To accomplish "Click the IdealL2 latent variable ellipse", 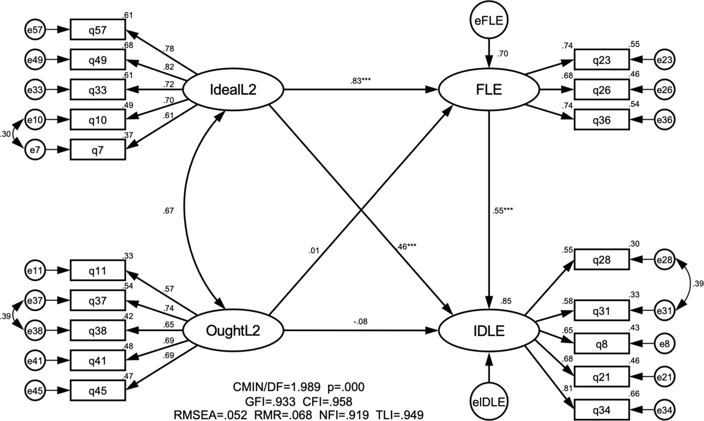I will (x=233, y=90).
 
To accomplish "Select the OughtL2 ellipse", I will (x=233, y=330).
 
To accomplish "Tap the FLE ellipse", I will (x=489, y=90).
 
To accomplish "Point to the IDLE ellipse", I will (x=489, y=330).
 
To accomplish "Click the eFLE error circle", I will (x=489, y=20).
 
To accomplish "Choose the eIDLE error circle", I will (x=489, y=402).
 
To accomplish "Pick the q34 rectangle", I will (x=602, y=410).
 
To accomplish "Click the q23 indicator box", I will (x=602, y=60).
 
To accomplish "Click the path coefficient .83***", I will (x=360, y=81).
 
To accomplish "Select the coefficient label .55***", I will (x=502, y=211).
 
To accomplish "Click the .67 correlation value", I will (x=168, y=211).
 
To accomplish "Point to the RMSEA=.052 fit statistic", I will (x=210, y=415).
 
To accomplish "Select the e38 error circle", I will (x=35, y=331).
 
